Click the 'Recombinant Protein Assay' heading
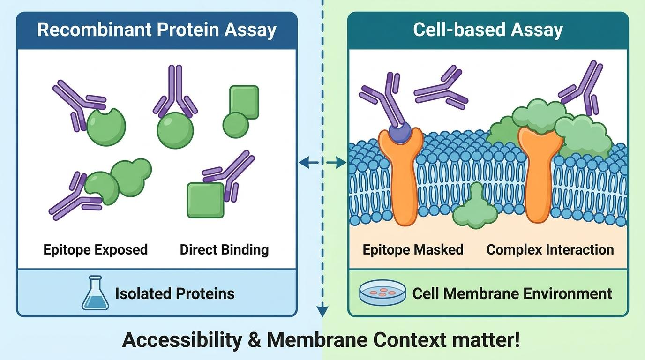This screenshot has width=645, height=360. point(157,30)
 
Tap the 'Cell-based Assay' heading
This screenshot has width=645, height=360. point(488,30)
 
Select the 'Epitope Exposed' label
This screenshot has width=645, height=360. point(95,250)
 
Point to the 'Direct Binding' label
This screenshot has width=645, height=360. point(225,250)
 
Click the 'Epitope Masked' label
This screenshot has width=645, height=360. point(413,250)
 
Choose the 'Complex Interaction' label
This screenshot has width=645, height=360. point(550,250)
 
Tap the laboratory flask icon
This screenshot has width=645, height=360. point(95,292)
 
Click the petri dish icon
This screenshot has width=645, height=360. point(382,292)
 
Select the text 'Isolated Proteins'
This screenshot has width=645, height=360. point(175,294)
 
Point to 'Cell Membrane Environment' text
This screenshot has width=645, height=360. point(512,294)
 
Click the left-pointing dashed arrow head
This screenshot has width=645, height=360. point(303,163)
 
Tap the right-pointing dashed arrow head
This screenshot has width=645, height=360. point(341,163)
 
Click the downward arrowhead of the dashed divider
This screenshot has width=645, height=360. point(322,311)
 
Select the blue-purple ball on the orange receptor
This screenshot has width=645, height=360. point(400,133)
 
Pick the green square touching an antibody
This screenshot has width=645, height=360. point(206,200)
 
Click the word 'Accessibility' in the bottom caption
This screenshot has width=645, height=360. point(182,340)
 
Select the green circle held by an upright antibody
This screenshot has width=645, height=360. point(175,130)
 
